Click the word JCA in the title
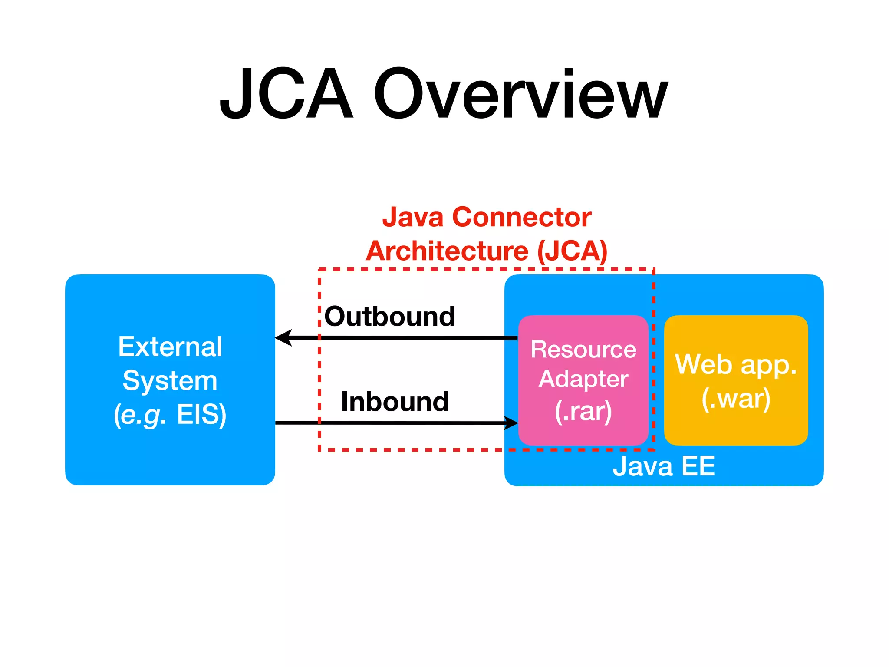pyautogui.click(x=286, y=93)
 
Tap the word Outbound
pyautogui.click(x=390, y=316)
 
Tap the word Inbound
pyautogui.click(x=395, y=401)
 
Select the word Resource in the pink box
pyautogui.click(x=583, y=349)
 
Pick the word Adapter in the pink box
pyautogui.click(x=583, y=379)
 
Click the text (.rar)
pyautogui.click(x=583, y=411)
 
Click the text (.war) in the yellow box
pyautogui.click(x=736, y=399)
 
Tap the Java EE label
pyautogui.click(x=664, y=466)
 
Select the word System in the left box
pyautogui.click(x=170, y=380)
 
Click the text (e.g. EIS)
pyautogui.click(x=170, y=414)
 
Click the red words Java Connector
pyautogui.click(x=487, y=217)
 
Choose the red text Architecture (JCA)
pyautogui.click(x=487, y=251)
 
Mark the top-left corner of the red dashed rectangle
pyautogui.click(x=319, y=270)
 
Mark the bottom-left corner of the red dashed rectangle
pyautogui.click(x=319, y=449)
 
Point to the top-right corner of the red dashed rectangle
pyautogui.click(x=653, y=270)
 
